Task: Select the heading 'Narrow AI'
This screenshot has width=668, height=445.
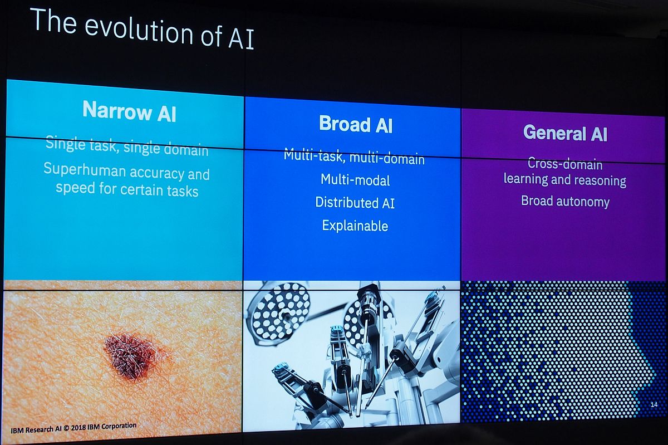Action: tap(129, 111)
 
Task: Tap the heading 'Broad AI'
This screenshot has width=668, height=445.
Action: tap(355, 124)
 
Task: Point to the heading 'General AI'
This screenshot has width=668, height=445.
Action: tap(564, 133)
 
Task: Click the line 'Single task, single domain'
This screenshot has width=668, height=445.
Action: tap(127, 146)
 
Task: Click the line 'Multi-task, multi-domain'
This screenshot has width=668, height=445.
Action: tap(354, 157)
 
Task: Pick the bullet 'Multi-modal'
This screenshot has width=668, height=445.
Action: tap(355, 180)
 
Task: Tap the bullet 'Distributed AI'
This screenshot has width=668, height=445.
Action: tap(355, 203)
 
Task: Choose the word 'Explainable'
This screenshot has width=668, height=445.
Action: tap(355, 226)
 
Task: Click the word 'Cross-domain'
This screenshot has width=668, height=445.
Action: tap(564, 164)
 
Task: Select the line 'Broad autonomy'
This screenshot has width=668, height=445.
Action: tap(565, 202)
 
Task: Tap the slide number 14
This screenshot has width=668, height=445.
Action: tap(654, 404)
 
